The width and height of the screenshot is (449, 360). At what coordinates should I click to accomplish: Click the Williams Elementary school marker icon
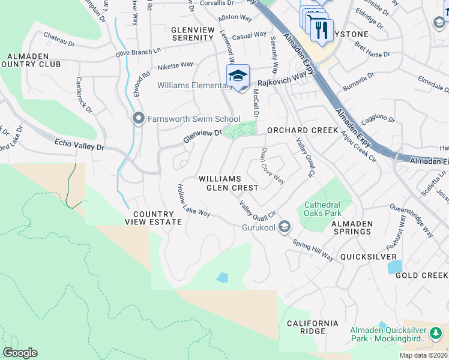[x=238, y=76]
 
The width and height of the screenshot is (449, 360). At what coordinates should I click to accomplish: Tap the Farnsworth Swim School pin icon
[x=139, y=119]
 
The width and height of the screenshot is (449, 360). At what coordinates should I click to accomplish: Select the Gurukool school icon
[x=285, y=227]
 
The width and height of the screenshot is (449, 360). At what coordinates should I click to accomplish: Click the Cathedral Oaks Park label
[x=322, y=208]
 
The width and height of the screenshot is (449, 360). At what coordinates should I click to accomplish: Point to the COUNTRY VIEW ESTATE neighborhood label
[x=153, y=218]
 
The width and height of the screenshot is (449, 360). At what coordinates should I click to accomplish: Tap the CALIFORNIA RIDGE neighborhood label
[x=312, y=327]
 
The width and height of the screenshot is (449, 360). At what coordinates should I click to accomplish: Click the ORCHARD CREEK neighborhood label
[x=298, y=130]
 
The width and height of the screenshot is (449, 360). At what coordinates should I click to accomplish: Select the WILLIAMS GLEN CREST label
[x=228, y=183]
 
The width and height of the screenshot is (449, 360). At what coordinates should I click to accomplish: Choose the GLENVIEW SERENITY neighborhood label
[x=192, y=33]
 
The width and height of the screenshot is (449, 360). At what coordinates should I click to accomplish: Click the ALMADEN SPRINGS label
[x=352, y=227]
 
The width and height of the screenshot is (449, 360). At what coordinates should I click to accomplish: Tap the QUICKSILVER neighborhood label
[x=366, y=256]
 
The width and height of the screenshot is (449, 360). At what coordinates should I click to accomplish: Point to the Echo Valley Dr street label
[x=79, y=144]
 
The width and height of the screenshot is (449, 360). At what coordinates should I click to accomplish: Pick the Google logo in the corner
[x=20, y=353]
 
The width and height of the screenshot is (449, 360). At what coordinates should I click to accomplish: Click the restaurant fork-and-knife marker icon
[x=322, y=29]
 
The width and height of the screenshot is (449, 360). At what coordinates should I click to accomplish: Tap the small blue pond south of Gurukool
[x=222, y=277]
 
